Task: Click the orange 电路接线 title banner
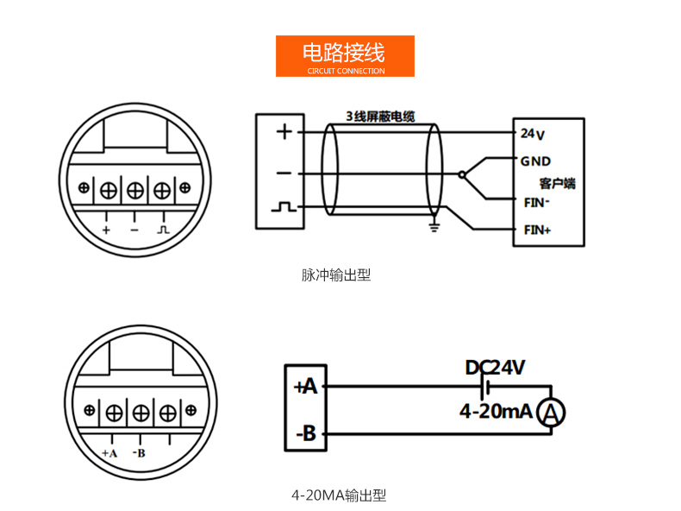345,56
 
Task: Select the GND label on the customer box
535,161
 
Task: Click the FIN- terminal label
537,204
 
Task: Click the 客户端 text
557,183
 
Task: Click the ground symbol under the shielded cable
435,227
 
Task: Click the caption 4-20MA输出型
339,495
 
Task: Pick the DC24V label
495,369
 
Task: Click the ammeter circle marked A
551,414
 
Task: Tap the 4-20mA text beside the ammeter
495,412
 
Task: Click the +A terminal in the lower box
306,387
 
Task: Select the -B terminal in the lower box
306,433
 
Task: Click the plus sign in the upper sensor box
284,132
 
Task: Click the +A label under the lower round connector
109,452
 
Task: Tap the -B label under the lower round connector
139,452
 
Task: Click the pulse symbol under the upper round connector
164,230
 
